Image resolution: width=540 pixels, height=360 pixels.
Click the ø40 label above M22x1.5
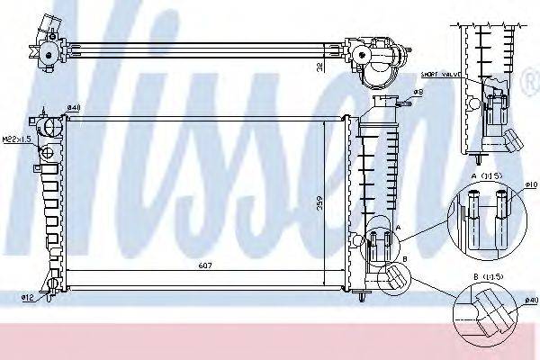[74, 109]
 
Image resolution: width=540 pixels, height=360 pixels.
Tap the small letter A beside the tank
[397, 229]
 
